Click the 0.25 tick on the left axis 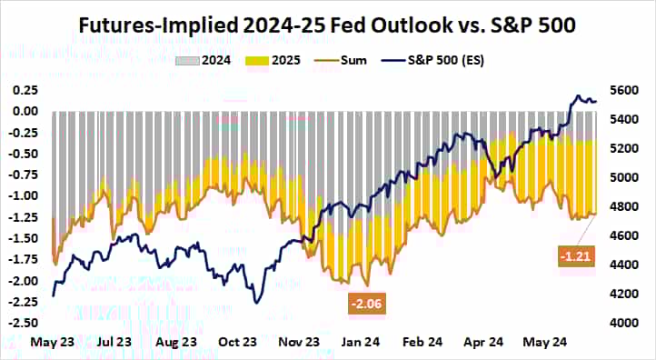24,91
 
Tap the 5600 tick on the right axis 626,91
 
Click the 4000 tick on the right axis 626,323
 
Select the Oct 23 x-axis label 238,344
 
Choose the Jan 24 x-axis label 362,344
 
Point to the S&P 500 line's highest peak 576,95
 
